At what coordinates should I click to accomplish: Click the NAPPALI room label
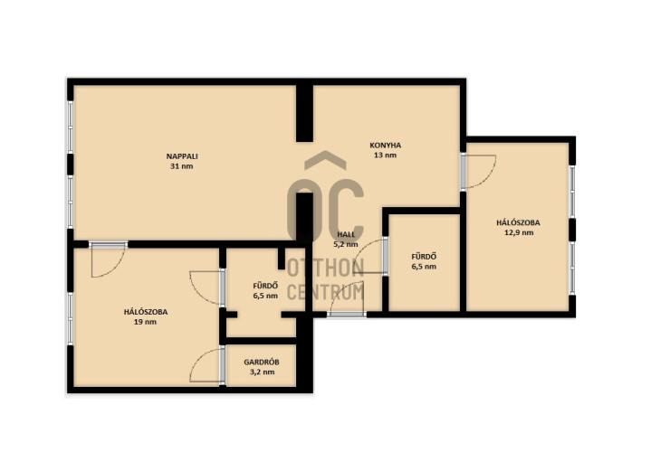[182, 156]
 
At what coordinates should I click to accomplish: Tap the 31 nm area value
[182, 166]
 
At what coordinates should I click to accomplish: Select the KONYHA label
[386, 146]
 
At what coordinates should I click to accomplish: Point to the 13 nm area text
[386, 155]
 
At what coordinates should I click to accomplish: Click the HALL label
[346, 234]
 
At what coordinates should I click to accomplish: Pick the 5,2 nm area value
[346, 244]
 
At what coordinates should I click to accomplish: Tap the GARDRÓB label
[261, 362]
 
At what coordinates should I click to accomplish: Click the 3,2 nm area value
[262, 372]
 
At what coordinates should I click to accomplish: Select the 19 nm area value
[145, 322]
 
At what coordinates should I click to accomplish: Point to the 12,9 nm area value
[519, 232]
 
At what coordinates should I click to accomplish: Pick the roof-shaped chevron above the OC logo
[325, 160]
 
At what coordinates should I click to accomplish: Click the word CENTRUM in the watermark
[326, 291]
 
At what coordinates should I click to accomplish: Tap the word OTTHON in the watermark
[326, 268]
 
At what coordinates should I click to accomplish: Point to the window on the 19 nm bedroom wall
[70, 318]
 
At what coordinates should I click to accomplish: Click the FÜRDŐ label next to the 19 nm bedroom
[265, 286]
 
